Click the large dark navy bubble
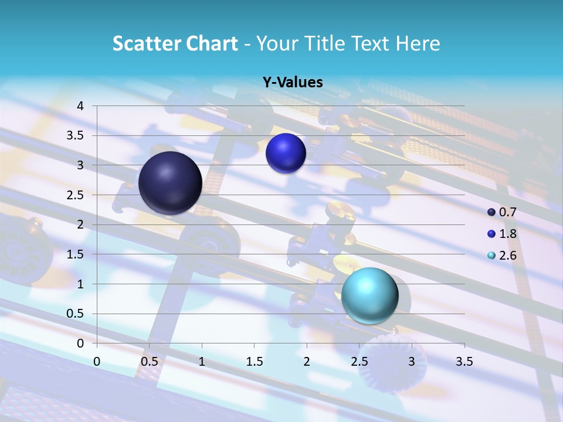[171, 183]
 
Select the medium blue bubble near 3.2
[286, 153]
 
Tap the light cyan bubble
[369, 295]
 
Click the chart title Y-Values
[293, 83]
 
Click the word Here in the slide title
[418, 43]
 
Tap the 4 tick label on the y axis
[80, 106]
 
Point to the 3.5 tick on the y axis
[76, 135]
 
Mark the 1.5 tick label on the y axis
[76, 254]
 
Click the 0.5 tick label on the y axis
[76, 314]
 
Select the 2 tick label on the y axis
[80, 224]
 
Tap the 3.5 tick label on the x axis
[464, 362]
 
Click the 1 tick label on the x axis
[202, 362]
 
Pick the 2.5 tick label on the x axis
[359, 362]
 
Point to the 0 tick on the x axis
[97, 362]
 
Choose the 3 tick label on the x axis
[412, 362]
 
